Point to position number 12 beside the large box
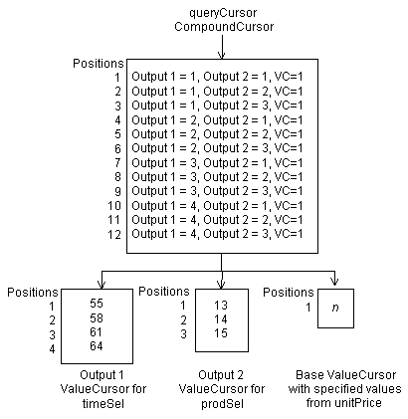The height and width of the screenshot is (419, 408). pos(114,234)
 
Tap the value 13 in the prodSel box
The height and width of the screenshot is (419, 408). pos(221,305)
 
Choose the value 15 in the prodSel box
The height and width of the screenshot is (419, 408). pos(221,333)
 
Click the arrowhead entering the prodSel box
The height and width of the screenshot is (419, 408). pos(220,282)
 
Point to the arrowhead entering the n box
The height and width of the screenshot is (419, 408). pos(335,282)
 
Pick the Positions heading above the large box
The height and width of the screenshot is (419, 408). pos(100,64)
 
